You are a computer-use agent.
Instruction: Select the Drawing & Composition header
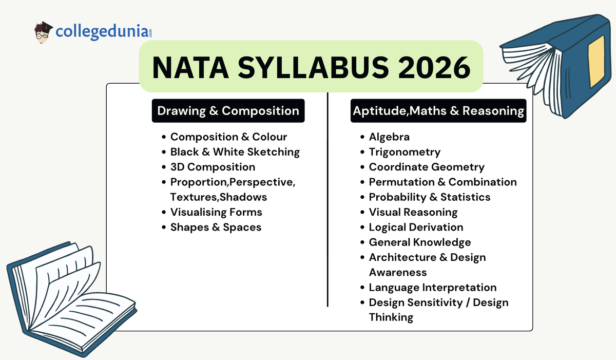coord(228,111)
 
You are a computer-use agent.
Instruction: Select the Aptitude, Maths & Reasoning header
coord(438,111)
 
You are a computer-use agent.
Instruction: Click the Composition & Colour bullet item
coord(228,137)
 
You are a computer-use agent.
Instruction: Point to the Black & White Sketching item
coord(235,152)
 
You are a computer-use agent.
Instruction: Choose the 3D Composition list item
coord(213,167)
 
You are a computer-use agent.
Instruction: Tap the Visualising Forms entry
coord(216,212)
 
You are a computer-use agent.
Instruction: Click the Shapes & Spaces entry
coord(216,227)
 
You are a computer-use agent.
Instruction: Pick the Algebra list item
coord(389,137)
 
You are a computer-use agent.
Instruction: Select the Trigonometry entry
coord(405,152)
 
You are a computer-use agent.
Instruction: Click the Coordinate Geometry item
coord(427,167)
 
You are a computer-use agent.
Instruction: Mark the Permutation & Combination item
coord(442,182)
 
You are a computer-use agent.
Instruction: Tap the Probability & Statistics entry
coord(430,197)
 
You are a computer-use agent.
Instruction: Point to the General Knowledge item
coord(419,242)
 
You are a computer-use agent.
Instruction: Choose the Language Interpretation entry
coord(433,287)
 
